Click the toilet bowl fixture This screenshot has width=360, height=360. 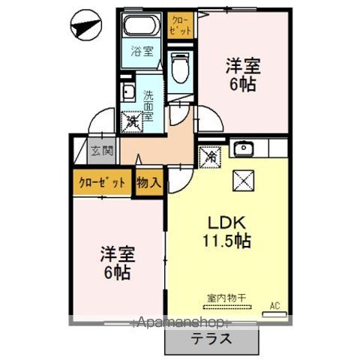click(180, 68)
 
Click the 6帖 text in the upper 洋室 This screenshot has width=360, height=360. click(241, 84)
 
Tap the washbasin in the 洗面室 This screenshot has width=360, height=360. click(127, 94)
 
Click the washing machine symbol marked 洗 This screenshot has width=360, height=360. click(133, 119)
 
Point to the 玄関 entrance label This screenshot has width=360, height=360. click(102, 150)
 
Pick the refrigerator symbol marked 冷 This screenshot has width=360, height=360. click(211, 157)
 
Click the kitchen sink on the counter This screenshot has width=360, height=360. click(244, 148)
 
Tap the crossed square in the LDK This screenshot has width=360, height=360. click(244, 180)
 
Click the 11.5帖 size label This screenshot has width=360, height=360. click(225, 241)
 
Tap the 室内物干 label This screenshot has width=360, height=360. click(223, 297)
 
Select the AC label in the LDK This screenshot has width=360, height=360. click(275, 305)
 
